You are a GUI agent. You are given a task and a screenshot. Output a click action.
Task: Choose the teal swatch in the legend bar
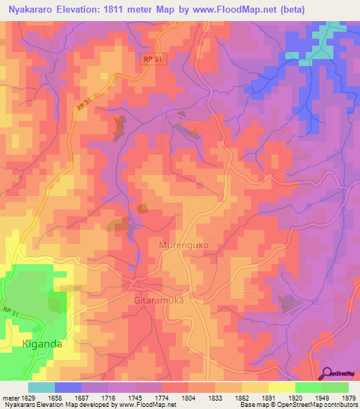(41, 387)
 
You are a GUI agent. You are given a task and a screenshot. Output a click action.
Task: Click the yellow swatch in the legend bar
(281, 387)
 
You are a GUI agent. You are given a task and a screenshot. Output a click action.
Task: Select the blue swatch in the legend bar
(68, 387)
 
